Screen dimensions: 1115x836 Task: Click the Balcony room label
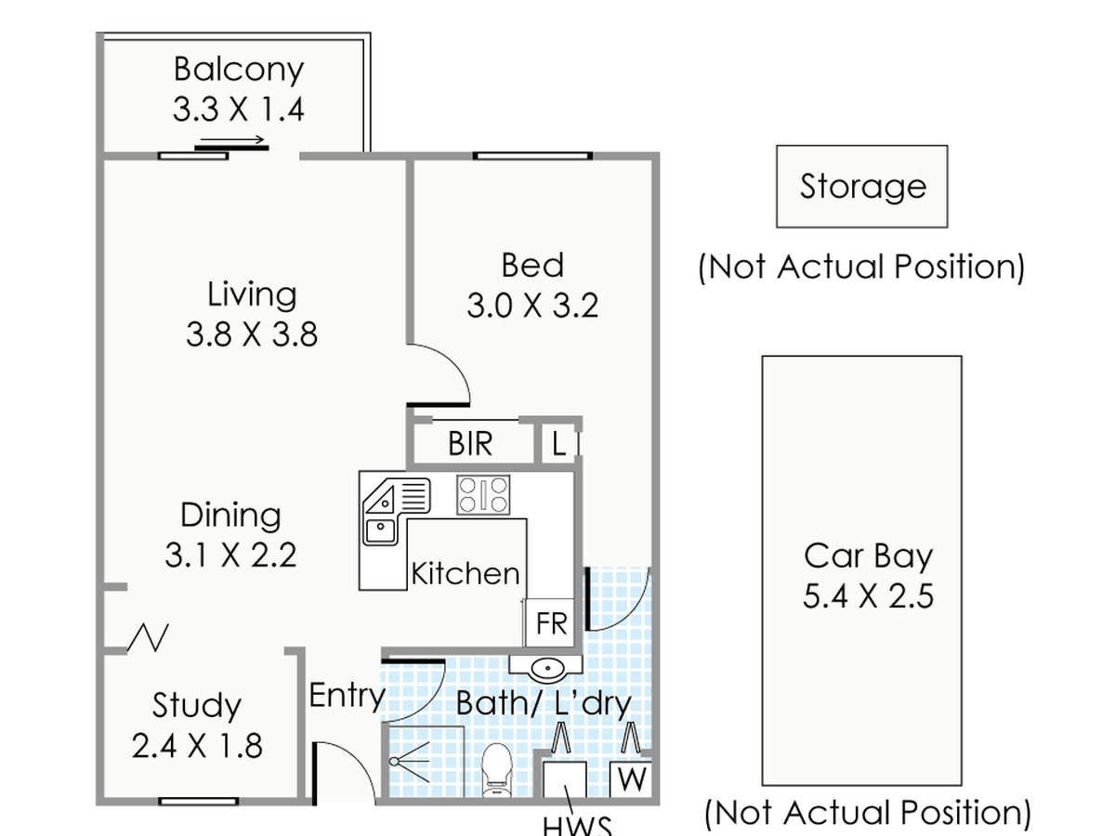(x=239, y=70)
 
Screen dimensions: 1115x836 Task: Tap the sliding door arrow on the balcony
(x=232, y=139)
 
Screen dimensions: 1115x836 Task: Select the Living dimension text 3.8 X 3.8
(x=252, y=334)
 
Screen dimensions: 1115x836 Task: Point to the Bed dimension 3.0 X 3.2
(x=532, y=306)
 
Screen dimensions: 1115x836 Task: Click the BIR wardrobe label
(x=470, y=444)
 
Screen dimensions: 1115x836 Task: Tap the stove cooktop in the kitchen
(x=483, y=495)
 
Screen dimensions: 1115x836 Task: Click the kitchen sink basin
(x=380, y=531)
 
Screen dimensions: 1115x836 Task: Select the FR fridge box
(x=550, y=622)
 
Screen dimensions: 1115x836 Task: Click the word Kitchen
(x=466, y=574)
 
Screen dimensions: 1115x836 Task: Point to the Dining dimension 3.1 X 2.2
(x=230, y=555)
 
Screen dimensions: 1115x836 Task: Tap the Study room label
(x=197, y=706)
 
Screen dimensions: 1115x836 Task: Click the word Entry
(x=348, y=696)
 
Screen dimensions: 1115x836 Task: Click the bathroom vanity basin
(x=546, y=669)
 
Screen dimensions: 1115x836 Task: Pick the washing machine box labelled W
(x=631, y=779)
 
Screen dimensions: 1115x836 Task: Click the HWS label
(x=578, y=827)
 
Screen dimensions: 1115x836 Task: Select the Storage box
(x=862, y=187)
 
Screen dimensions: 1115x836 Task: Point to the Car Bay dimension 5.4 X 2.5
(x=868, y=596)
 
